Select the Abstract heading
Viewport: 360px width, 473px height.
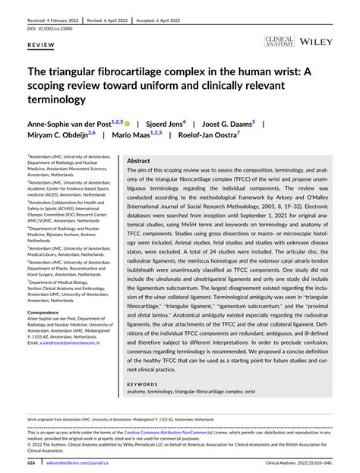click(x=138, y=161)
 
